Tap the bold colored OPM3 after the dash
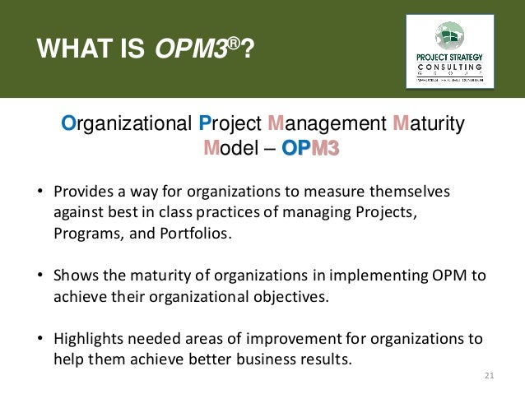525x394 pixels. (x=310, y=149)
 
